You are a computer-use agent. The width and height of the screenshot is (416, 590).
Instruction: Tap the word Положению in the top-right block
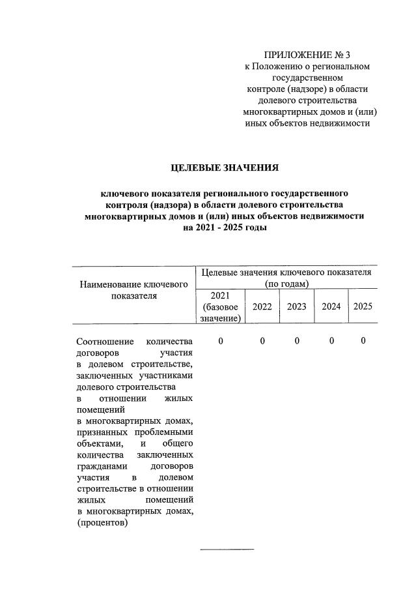click(x=279, y=66)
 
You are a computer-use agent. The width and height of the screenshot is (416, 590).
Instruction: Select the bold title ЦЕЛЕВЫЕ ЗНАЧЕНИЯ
click(x=224, y=168)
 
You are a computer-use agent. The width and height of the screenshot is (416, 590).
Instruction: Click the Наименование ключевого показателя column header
click(x=133, y=290)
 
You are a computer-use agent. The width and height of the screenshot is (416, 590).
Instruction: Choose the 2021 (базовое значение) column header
click(x=221, y=306)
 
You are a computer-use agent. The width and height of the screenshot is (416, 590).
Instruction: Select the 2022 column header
click(x=262, y=306)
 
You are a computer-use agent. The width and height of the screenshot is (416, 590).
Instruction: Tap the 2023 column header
click(x=296, y=306)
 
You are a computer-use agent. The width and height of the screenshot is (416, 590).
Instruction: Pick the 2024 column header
click(x=331, y=306)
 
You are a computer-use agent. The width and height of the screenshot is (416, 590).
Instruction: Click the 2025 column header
click(x=363, y=306)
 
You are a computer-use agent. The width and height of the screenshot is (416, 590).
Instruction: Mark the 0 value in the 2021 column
click(x=221, y=341)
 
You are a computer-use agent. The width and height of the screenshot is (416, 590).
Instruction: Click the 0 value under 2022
click(x=262, y=341)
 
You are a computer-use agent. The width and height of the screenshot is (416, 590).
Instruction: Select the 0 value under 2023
click(x=296, y=341)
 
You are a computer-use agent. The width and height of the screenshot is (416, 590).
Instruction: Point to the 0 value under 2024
click(x=331, y=341)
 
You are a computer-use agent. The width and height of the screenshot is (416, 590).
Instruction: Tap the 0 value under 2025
click(x=363, y=341)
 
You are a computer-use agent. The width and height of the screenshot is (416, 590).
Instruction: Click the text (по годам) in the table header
click(x=286, y=284)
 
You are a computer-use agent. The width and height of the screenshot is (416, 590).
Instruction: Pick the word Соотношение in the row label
click(x=105, y=342)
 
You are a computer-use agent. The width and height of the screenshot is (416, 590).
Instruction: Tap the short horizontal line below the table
click(x=227, y=550)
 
